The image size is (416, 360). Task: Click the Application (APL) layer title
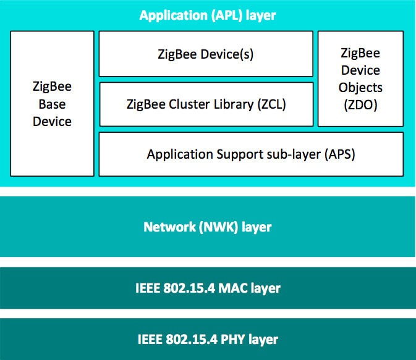[208, 15]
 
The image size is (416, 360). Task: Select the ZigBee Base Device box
[52, 103]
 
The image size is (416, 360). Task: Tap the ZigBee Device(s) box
[206, 54]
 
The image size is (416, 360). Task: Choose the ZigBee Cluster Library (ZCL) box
[206, 104]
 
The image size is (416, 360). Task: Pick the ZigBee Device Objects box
[360, 78]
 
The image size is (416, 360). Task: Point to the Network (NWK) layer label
[208, 227]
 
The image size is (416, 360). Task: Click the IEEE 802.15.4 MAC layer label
[208, 288]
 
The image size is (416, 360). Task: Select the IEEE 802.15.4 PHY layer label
[208, 339]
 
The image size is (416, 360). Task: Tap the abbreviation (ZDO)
[360, 105]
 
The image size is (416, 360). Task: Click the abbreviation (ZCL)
[272, 104]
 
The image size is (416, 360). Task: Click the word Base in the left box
[52, 104]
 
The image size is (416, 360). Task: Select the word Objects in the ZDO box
[360, 88]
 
